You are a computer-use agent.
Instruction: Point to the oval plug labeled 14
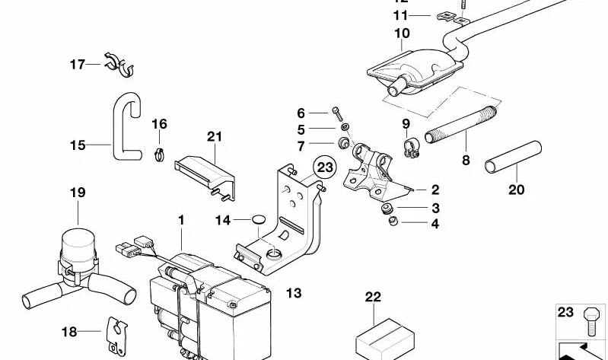[x=258, y=221]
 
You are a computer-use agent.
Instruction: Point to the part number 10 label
[x=402, y=33]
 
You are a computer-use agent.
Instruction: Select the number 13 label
[x=294, y=292]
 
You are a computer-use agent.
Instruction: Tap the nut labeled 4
[x=393, y=221]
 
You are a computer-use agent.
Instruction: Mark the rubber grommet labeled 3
[x=389, y=207]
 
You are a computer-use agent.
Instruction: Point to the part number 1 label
[x=181, y=219]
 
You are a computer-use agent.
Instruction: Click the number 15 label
[x=78, y=143]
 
